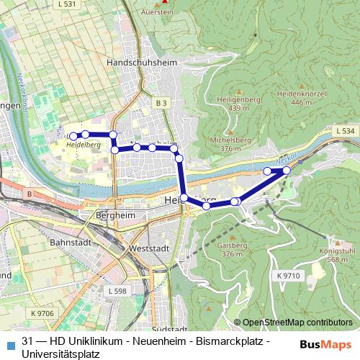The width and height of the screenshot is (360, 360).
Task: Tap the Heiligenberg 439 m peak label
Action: click(x=223, y=103)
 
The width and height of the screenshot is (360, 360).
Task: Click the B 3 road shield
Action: click(x=161, y=104)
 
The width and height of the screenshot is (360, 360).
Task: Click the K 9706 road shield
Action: click(x=42, y=313)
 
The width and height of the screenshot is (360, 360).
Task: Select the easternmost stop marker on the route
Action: click(x=287, y=170)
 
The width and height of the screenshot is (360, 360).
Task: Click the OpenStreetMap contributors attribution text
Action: click(x=297, y=323)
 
